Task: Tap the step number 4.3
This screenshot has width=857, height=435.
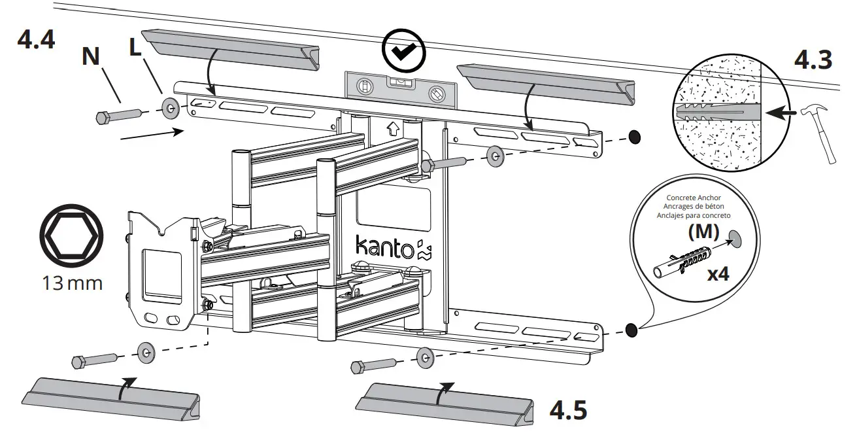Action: [813, 60]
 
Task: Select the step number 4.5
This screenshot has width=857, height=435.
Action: [567, 409]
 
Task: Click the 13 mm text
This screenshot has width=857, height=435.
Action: [72, 284]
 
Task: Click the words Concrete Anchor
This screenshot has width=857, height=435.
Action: [698, 197]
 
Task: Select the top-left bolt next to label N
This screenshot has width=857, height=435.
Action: [118, 116]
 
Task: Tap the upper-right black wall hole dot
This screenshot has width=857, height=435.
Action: [634, 137]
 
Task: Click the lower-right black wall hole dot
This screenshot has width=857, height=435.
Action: [631, 329]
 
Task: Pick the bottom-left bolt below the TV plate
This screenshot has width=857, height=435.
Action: [93, 360]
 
